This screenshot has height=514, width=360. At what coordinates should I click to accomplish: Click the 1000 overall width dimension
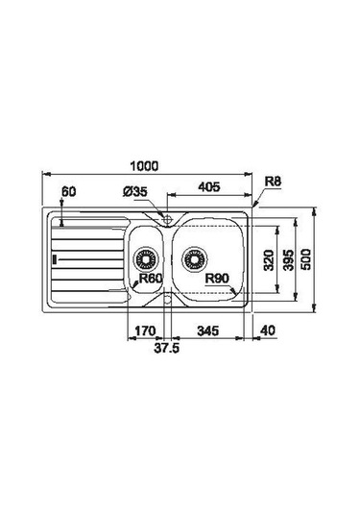click(144, 166)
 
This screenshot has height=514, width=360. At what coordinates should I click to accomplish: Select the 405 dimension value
click(209, 186)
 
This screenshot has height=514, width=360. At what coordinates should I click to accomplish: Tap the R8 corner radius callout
click(273, 182)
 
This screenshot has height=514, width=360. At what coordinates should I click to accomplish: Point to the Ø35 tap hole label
click(135, 192)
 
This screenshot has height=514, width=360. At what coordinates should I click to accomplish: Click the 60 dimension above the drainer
click(69, 192)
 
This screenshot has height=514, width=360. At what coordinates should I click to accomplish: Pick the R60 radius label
click(151, 279)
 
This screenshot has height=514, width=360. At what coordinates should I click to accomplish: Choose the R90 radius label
click(217, 279)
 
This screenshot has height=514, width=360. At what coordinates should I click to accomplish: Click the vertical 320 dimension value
click(269, 260)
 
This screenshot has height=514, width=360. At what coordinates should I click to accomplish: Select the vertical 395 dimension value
click(289, 260)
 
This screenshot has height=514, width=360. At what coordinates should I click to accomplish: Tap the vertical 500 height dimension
click(306, 259)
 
